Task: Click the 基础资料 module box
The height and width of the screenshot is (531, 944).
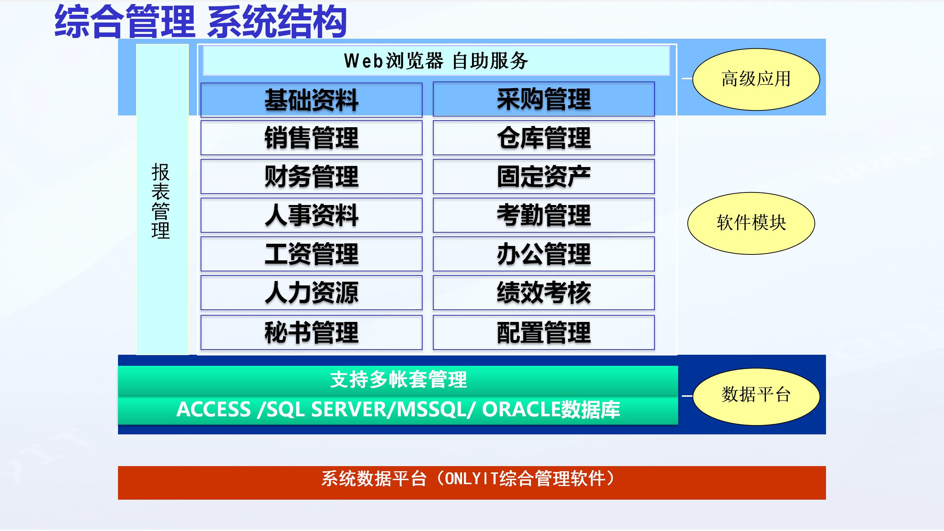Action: pos(312,100)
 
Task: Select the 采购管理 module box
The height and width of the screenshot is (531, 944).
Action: pos(544,99)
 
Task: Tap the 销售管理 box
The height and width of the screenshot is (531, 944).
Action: pos(312,138)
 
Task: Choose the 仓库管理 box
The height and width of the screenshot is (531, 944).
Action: pos(544,138)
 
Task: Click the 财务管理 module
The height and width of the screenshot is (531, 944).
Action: pos(312,177)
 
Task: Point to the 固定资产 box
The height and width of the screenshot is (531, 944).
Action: pos(544,177)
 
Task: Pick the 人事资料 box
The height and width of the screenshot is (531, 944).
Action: pos(312,215)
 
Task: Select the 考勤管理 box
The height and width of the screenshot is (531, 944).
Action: pos(544,215)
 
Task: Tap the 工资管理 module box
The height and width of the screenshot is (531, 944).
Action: pos(312,254)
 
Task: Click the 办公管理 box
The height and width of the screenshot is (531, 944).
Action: pos(544,254)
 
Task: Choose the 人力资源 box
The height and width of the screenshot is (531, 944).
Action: pos(312,293)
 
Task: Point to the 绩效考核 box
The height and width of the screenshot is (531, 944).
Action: pos(544,293)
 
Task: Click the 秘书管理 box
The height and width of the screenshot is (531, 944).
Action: pos(312,332)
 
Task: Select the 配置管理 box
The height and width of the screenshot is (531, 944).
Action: pos(544,332)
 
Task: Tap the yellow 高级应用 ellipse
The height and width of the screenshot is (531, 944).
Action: pos(756,79)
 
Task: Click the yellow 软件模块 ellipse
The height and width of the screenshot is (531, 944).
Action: pos(751,223)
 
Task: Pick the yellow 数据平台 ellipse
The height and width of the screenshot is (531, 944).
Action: pos(756,396)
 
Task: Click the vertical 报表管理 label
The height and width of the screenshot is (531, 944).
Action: pos(161,201)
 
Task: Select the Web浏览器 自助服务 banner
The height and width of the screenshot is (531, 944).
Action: pos(436,61)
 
